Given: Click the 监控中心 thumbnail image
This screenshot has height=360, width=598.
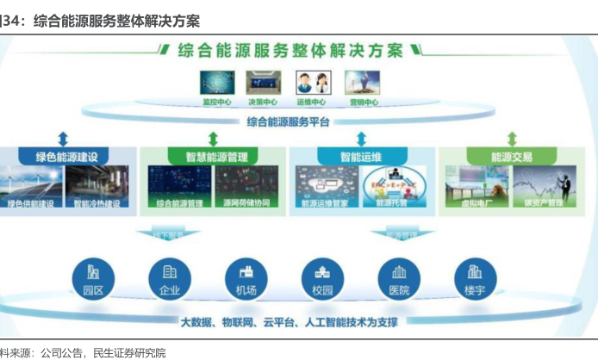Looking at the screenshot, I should pos(216,82).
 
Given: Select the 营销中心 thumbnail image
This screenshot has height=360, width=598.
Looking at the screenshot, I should pos(363,82).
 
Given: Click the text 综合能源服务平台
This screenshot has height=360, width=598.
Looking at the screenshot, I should pos(288,122).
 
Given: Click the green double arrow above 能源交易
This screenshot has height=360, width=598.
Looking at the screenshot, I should pos(512,138).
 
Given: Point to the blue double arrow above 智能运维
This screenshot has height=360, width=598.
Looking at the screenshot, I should pos(361,138).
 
